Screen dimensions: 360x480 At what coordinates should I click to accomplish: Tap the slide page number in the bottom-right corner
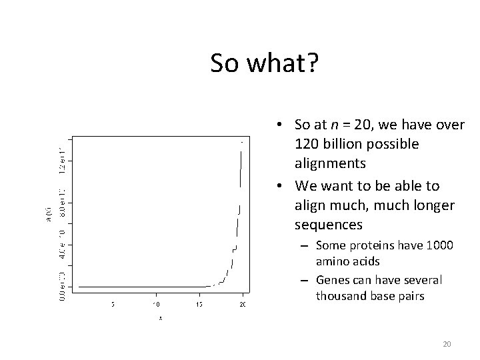[447, 344]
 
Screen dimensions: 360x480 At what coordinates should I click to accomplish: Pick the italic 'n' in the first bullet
[346, 125]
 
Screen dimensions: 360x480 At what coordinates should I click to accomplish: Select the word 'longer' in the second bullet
[433, 205]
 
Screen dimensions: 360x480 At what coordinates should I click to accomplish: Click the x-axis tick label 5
[112, 305]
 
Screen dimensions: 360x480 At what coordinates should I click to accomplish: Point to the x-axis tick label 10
[155, 305]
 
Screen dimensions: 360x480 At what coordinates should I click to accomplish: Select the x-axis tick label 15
[199, 305]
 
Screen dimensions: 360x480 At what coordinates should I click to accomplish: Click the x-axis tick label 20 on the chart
[242, 305]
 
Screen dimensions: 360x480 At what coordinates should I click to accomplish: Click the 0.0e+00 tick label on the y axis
[62, 286]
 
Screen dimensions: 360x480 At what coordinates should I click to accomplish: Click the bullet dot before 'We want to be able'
[283, 185]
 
